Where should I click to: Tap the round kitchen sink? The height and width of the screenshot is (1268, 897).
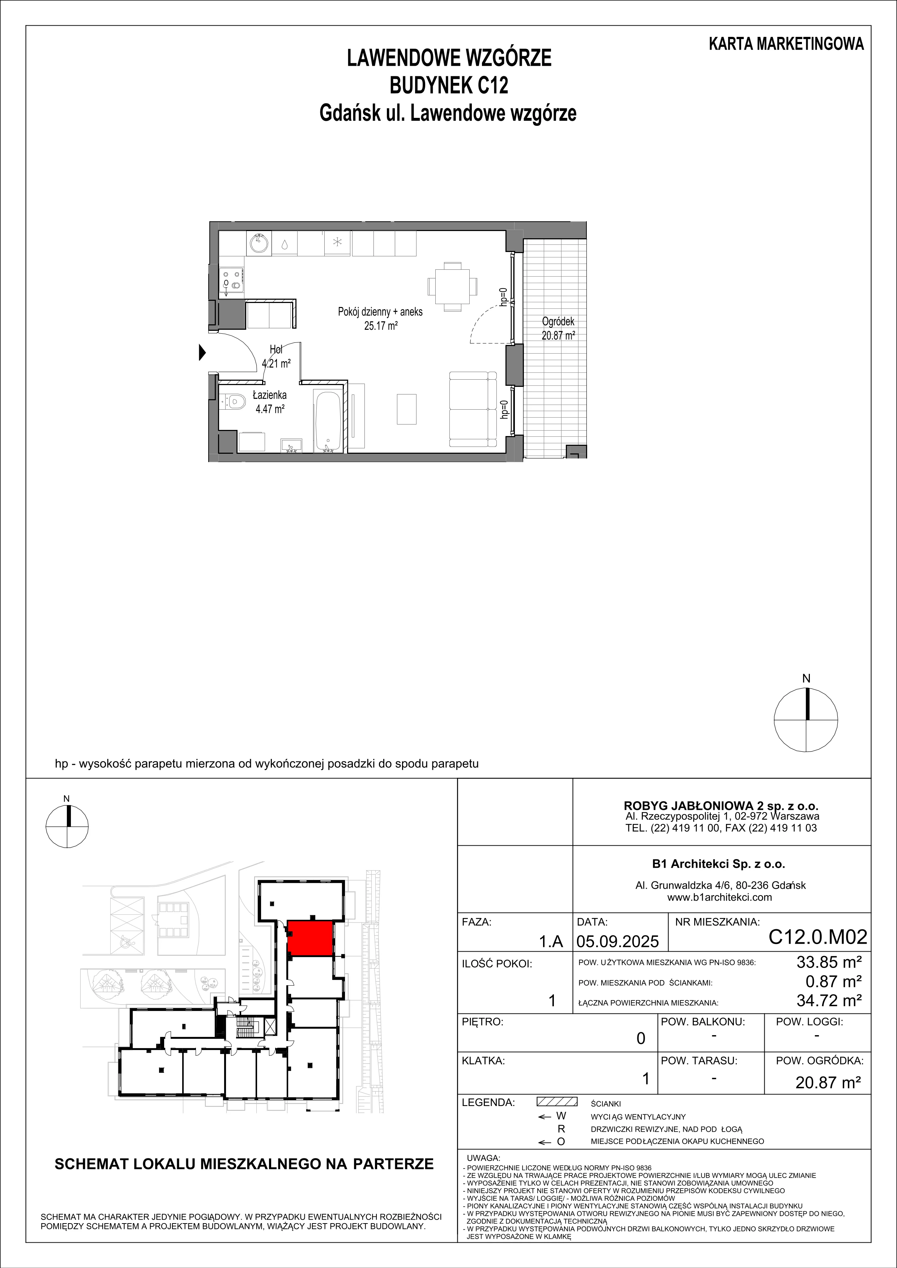259,243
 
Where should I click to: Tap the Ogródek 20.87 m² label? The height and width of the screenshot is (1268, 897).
559,328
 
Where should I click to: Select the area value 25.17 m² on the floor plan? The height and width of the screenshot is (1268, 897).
381,326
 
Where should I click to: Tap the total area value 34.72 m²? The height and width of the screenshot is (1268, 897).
829,1000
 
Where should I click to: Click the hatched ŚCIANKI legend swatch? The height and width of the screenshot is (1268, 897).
557,1101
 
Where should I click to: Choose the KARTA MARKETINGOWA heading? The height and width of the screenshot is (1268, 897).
786,44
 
